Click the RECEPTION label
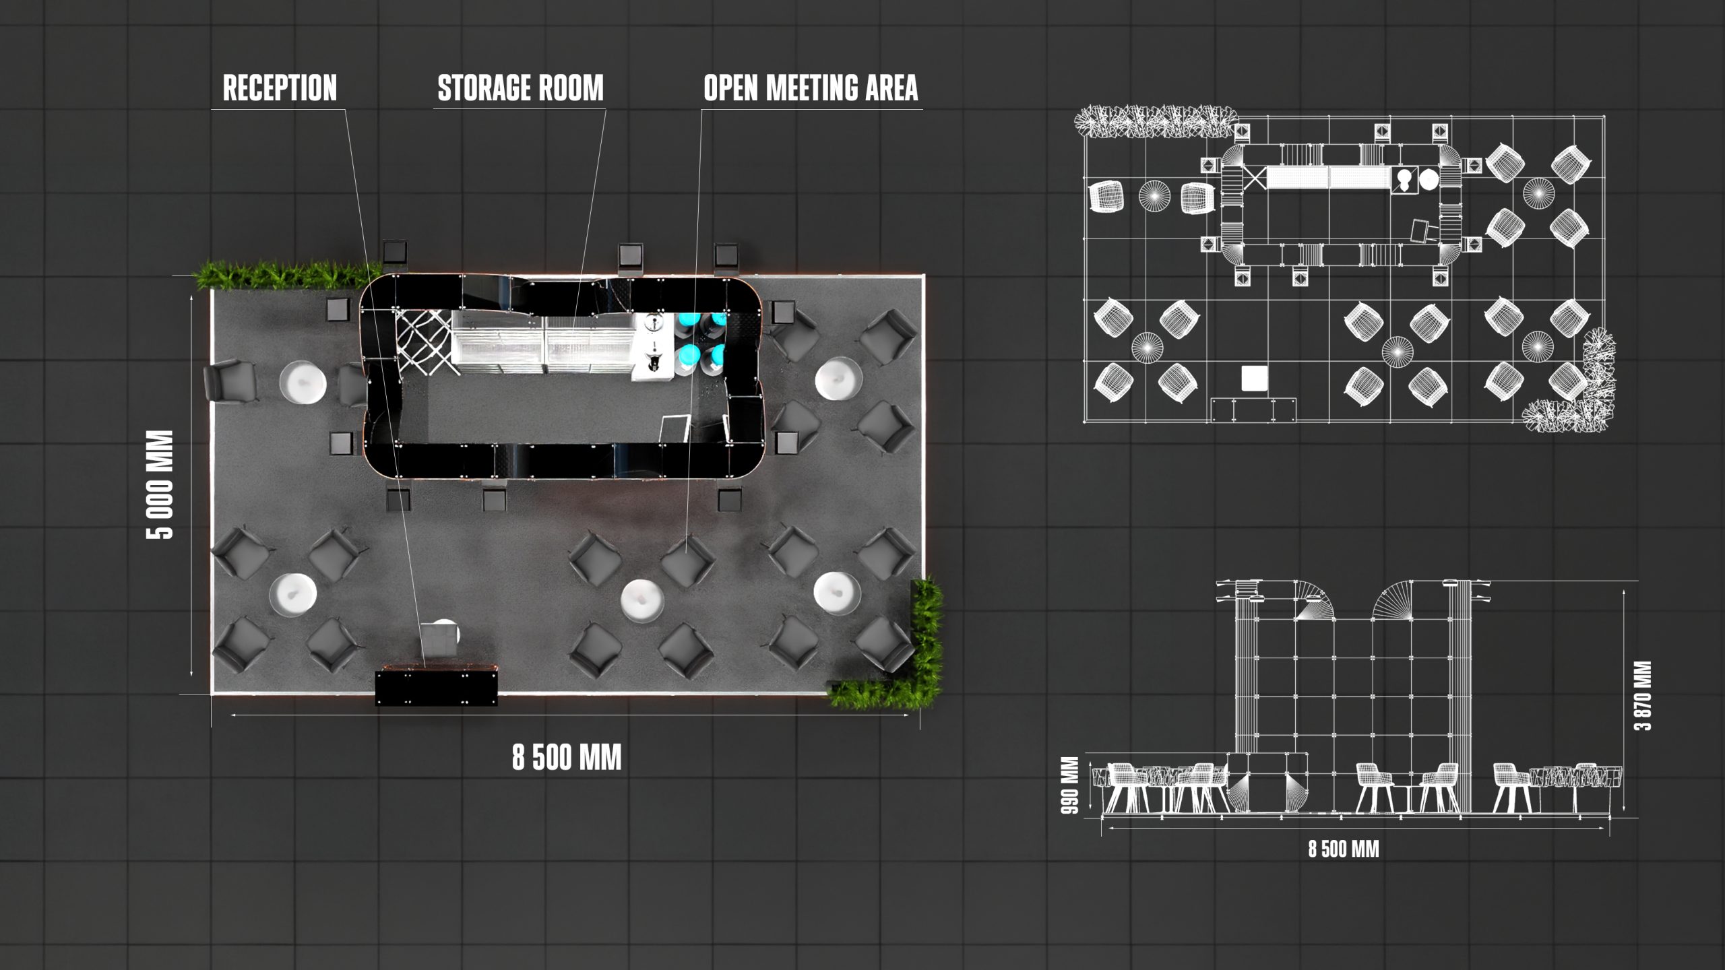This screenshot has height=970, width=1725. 280,88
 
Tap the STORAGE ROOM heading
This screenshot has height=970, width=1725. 520,88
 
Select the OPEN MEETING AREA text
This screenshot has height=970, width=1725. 811,88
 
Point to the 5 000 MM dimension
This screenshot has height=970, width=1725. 160,484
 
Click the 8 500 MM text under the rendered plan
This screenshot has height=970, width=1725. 567,758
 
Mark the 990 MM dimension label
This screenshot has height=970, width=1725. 1071,785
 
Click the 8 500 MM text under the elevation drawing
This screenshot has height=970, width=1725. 1344,849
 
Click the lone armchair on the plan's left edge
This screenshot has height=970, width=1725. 230,381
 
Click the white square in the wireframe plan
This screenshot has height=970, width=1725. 1255,378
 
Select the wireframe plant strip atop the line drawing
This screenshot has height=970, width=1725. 1156,121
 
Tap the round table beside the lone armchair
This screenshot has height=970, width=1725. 303,382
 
